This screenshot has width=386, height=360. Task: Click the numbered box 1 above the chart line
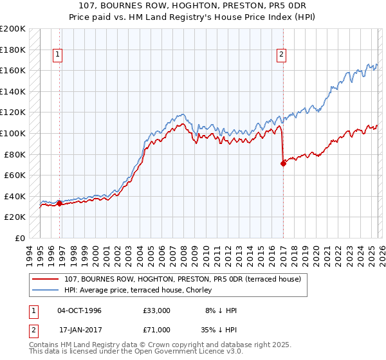[x=58, y=55]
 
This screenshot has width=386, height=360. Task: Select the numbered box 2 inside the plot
[x=282, y=55]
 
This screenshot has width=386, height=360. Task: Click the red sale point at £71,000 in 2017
[x=283, y=164]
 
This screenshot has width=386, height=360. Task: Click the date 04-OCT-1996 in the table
[x=79, y=310]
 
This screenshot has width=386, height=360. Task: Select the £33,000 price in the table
[x=157, y=310]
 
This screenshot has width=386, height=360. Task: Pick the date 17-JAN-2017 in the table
[x=79, y=330]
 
